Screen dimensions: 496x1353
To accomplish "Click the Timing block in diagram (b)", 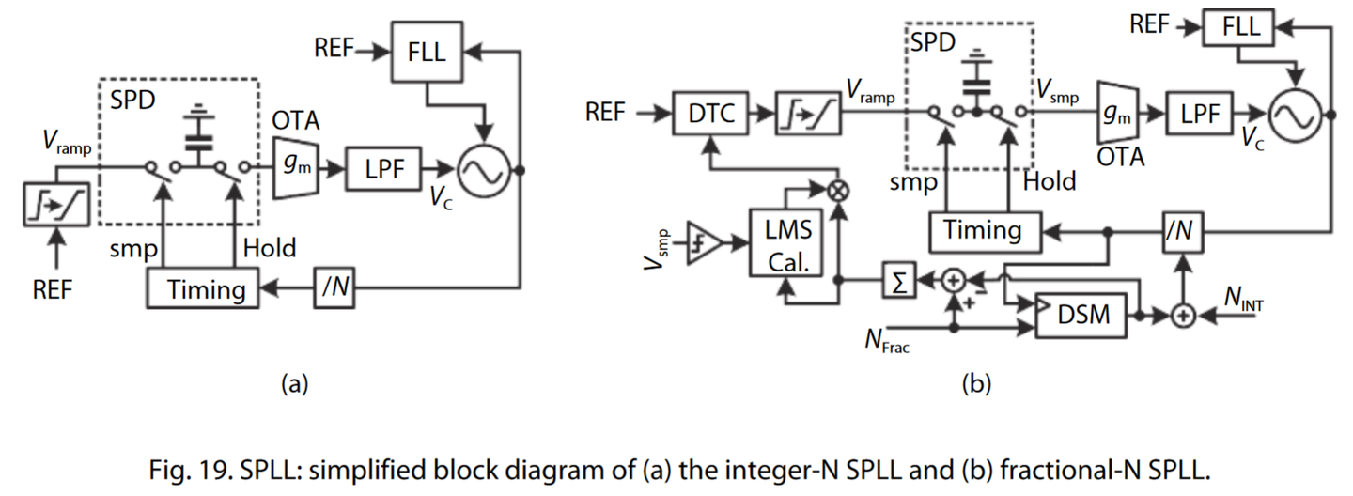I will point(983,230).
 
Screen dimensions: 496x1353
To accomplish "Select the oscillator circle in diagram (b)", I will point(1296,116).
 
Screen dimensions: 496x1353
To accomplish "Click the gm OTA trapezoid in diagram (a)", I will point(294,168).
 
